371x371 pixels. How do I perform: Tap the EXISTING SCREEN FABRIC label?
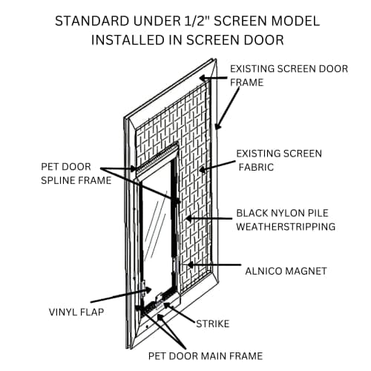coord(278,160)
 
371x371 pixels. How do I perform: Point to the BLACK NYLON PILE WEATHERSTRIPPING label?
coord(286,219)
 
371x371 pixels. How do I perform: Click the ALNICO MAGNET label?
coord(285,272)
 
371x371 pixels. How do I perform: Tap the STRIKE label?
coord(214,324)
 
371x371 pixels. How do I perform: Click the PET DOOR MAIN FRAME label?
coord(205,356)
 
